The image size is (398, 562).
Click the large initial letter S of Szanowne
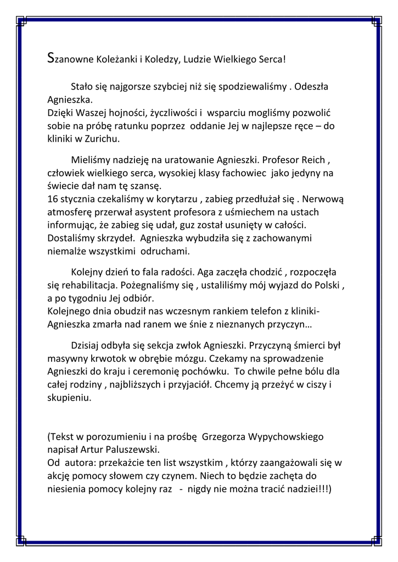pos(51,57)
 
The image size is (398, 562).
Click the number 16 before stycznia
pos(53,199)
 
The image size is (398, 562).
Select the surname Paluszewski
pos(135,450)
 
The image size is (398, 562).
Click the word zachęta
pos(274,475)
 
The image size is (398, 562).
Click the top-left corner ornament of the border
pos(21,21)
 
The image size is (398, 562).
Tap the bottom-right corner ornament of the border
pos(376,541)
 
